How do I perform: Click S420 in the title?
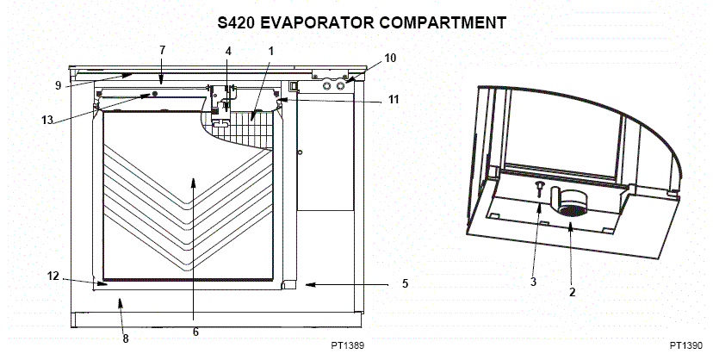tap(236, 22)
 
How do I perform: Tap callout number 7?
tap(163, 50)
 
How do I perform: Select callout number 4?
tap(228, 51)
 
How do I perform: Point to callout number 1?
tap(271, 51)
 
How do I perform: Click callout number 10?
tap(390, 59)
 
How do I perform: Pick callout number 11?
tap(394, 99)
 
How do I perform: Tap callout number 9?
tap(59, 85)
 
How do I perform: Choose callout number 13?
tap(47, 120)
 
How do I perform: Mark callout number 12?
tap(53, 276)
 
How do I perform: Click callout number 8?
tap(126, 338)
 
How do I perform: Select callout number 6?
tap(195, 332)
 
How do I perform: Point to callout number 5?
tap(406, 283)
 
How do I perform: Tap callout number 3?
tap(533, 282)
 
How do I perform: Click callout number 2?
tap(572, 292)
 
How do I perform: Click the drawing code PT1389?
tap(347, 345)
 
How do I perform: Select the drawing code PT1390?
tap(685, 345)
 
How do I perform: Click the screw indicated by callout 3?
tap(539, 188)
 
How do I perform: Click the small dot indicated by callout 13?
tap(155, 93)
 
